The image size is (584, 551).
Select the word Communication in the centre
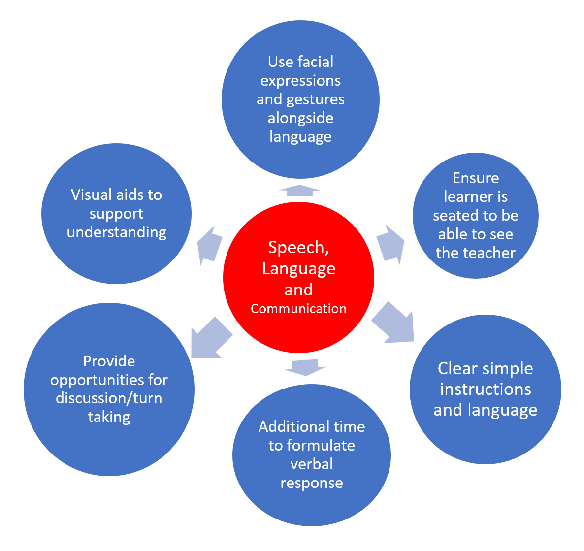pyautogui.click(x=298, y=309)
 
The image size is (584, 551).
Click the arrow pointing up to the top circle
pyautogui.click(x=299, y=191)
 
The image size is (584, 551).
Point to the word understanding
pyautogui.click(x=117, y=232)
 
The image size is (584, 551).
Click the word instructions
pyautogui.click(x=486, y=389)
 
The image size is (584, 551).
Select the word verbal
pyautogui.click(x=312, y=464)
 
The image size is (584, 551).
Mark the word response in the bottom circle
pyautogui.click(x=312, y=483)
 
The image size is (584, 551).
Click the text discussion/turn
pyautogui.click(x=109, y=398)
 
